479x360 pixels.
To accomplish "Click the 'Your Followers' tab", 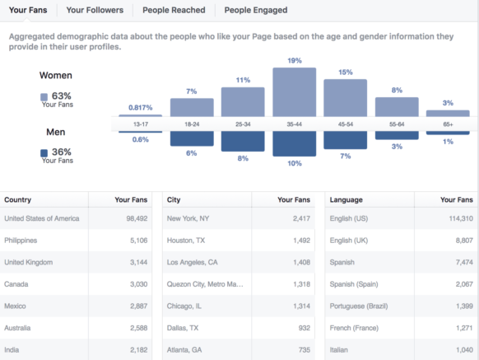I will point(95,10).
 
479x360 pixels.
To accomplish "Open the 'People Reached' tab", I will point(173,10).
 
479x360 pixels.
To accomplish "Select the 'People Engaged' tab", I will point(256,10).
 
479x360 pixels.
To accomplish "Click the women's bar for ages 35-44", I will point(295,91).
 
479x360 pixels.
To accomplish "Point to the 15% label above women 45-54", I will point(345,72).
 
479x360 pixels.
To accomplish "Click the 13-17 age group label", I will point(140,124).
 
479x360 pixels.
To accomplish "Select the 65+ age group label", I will point(448,124).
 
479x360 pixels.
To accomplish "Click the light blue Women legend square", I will point(44,97).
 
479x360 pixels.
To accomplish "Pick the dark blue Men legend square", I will point(44,153).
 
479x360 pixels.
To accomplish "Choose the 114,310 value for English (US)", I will point(456,218).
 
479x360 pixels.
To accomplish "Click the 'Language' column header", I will point(346,199).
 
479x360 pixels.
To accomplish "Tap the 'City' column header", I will point(174,199).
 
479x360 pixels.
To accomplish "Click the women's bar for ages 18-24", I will point(192,107).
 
